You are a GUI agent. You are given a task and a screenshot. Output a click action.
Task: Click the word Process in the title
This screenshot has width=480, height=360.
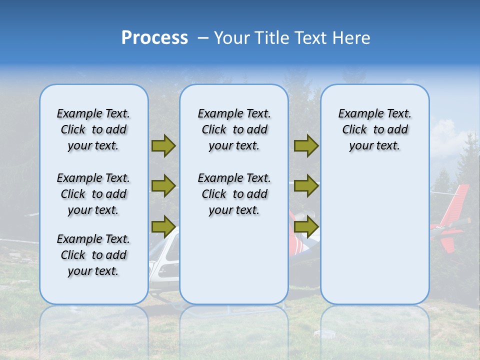click(154, 38)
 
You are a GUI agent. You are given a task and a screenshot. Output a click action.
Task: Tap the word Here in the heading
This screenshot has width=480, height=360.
click(350, 38)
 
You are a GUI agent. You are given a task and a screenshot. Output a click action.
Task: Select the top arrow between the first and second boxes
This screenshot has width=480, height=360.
click(163, 146)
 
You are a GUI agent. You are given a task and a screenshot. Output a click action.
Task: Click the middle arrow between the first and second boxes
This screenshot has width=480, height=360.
click(163, 186)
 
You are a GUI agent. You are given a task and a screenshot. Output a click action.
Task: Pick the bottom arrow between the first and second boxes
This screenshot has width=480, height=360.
click(163, 226)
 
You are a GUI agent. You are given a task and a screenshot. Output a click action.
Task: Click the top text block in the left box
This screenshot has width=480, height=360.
click(93, 130)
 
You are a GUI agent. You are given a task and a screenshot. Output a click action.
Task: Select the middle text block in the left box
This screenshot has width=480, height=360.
click(93, 194)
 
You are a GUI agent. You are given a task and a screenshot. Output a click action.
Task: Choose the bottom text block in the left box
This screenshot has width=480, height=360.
click(93, 255)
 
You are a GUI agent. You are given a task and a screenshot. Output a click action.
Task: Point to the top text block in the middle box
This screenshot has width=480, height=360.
click(234, 130)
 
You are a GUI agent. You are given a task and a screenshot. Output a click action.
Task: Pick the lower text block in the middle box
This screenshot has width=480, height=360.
click(234, 194)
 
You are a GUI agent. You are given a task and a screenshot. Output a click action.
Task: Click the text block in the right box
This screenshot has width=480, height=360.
click(374, 130)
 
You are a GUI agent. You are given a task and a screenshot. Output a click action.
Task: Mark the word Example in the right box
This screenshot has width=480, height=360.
click(356, 114)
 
